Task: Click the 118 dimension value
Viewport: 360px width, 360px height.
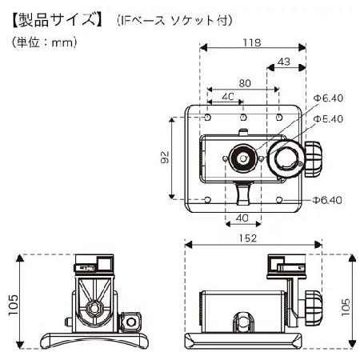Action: tap(252, 42)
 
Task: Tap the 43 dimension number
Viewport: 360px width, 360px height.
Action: tap(283, 62)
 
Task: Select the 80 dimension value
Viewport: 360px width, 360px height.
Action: tap(245, 83)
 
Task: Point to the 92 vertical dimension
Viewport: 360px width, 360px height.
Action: tap(166, 158)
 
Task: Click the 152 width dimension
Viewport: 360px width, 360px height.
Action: tap(248, 238)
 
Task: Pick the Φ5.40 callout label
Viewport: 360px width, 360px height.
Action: tap(328, 119)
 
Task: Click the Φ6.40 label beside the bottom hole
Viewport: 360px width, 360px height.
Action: tap(327, 200)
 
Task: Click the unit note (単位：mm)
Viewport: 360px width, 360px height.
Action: tap(44, 42)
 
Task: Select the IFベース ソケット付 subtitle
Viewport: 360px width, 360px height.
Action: tap(174, 21)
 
